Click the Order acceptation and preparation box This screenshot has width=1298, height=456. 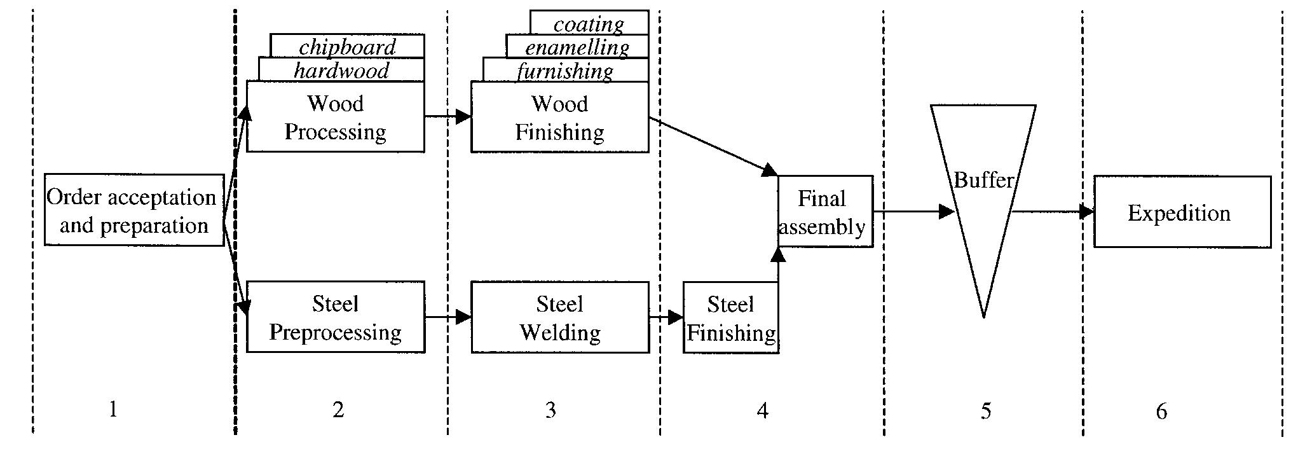tap(133, 210)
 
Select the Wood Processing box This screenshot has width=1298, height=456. tap(335, 117)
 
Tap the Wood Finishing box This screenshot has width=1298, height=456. tap(559, 118)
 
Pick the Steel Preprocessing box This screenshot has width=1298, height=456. tap(335, 317)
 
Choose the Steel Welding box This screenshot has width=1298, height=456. tap(559, 317)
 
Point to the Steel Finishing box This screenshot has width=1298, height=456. tap(730, 318)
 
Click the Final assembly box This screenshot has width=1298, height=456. tap(824, 212)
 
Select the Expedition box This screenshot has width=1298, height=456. tap(1181, 212)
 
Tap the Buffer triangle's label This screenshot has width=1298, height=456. tap(983, 181)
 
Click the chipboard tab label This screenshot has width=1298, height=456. tap(347, 47)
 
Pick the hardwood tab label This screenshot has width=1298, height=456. tap(341, 70)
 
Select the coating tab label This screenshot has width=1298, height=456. tap(589, 24)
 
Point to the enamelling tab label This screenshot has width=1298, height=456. tap(577, 47)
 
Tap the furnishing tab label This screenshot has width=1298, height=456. tap(565, 71)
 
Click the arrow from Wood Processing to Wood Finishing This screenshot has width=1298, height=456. tap(447, 116)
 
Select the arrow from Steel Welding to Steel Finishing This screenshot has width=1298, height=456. tap(666, 317)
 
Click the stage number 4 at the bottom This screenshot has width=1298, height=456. tap(762, 411)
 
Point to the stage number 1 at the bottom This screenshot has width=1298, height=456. tap(113, 410)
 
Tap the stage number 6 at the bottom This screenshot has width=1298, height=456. tap(1161, 411)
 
